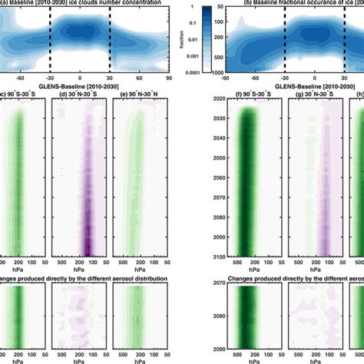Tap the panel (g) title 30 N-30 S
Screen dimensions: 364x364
click(307, 95)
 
